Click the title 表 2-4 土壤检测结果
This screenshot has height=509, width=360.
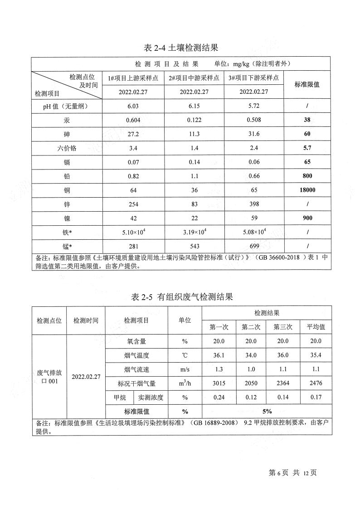click(181, 48)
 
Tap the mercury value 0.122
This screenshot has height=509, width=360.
click(194, 121)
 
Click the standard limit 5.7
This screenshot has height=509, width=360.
click(307, 148)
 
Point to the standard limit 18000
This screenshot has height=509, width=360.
click(307, 190)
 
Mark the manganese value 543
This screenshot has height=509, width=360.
click(194, 246)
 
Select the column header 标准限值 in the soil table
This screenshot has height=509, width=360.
click(307, 84)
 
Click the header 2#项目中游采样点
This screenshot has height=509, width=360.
click(194, 78)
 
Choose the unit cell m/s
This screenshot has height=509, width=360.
click(185, 369)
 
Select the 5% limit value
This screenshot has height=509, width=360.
click(267, 411)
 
